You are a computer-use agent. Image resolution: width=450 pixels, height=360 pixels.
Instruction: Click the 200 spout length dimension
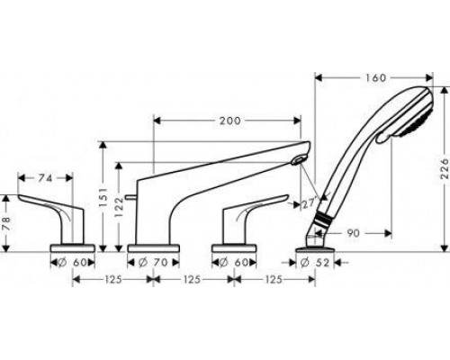pyautogui.click(x=230, y=121)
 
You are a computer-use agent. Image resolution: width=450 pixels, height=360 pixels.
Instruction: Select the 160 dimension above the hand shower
pyautogui.click(x=375, y=78)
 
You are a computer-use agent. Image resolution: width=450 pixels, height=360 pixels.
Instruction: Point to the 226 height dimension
pyautogui.click(x=444, y=168)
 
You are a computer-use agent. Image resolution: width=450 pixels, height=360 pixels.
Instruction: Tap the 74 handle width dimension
pyautogui.click(x=45, y=178)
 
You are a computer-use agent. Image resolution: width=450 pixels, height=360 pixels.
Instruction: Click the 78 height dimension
pyautogui.click(x=6, y=223)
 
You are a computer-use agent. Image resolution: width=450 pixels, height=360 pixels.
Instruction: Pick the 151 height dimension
pyautogui.click(x=103, y=197)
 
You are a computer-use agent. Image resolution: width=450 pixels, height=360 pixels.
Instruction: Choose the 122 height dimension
pyautogui.click(x=119, y=206)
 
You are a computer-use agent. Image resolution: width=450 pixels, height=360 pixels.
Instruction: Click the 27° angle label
pyautogui.click(x=309, y=204)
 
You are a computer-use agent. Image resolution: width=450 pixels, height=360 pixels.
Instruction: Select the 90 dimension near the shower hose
pyautogui.click(x=353, y=233)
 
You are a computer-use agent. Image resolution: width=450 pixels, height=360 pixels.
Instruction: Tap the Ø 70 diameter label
pyautogui.click(x=153, y=263)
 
